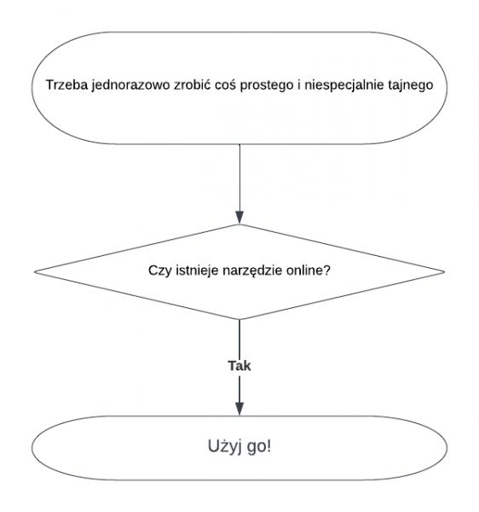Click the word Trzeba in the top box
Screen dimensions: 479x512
(x=66, y=84)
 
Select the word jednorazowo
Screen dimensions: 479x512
(x=130, y=85)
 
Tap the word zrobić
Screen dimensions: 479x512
(x=193, y=84)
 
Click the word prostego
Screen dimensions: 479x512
(x=267, y=85)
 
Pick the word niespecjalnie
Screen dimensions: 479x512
(x=344, y=85)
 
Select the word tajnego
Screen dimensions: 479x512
(x=410, y=85)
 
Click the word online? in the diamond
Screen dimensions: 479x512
(x=309, y=271)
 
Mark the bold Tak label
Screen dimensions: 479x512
(x=239, y=366)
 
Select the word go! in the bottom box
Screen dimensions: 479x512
(x=259, y=447)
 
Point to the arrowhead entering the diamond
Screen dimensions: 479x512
(x=239, y=218)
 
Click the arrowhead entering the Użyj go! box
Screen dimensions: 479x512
(x=239, y=409)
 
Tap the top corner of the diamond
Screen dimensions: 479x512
(x=239, y=224)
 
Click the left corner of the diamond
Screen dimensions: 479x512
(x=35, y=271)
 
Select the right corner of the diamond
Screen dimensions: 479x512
(x=444, y=271)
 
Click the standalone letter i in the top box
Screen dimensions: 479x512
(x=299, y=84)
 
